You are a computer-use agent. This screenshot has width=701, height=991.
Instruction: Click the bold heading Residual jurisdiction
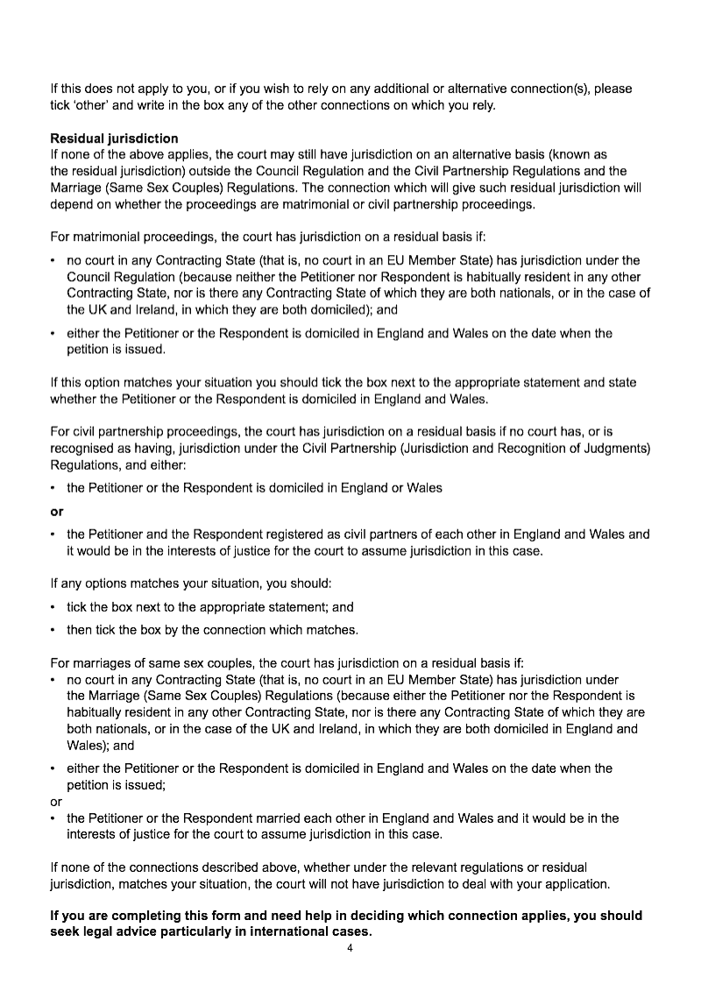pos(114,138)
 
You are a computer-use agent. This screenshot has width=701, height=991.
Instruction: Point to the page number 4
pos(350,948)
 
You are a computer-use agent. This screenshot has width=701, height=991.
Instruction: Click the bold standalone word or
pos(57,511)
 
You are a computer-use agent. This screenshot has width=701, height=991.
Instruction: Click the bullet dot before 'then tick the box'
pos(53,630)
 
